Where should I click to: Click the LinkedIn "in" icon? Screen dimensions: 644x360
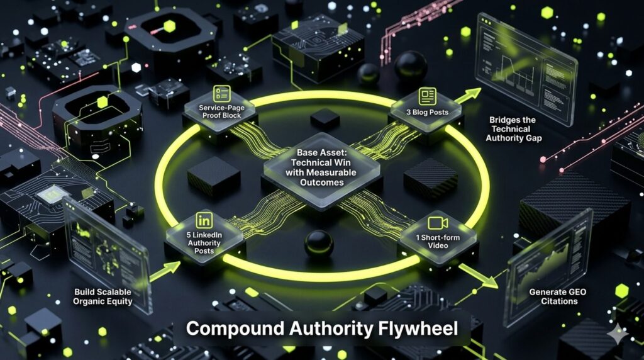(204, 220)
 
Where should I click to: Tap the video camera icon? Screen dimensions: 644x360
(438, 223)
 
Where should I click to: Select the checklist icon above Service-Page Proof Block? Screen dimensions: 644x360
(222, 94)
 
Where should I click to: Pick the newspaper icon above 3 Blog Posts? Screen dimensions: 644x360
(427, 96)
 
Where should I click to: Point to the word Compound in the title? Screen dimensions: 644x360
(235, 329)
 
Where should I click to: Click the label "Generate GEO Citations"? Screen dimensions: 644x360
(557, 296)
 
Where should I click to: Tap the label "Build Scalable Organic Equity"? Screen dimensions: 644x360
(103, 296)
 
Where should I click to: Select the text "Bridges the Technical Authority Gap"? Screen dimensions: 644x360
(513, 129)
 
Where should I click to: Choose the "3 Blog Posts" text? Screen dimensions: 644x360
(427, 112)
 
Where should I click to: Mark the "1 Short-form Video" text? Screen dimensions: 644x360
(438, 241)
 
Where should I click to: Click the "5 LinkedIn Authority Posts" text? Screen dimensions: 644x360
(204, 243)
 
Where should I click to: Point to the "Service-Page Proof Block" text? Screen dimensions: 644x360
(221, 111)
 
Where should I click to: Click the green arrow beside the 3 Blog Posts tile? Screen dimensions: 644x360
(467, 95)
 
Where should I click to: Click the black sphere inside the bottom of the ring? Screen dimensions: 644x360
(319, 244)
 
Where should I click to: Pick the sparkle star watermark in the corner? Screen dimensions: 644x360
(618, 334)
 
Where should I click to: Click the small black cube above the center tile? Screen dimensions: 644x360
(325, 120)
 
